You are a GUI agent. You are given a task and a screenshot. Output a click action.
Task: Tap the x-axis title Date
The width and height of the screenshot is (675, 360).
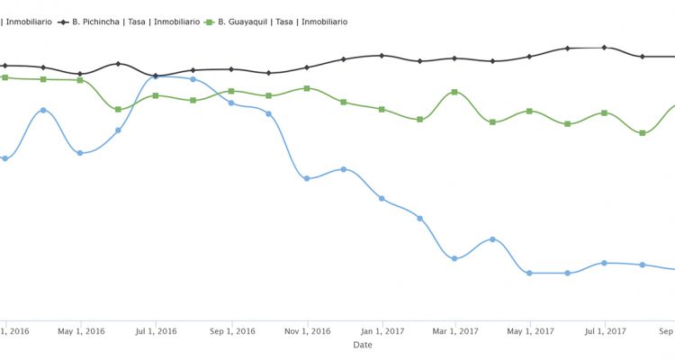click(363, 345)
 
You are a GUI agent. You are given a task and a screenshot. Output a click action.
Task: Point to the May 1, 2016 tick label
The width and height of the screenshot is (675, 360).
click(81, 331)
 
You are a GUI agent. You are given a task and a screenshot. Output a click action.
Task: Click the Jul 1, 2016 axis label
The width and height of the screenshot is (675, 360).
click(156, 331)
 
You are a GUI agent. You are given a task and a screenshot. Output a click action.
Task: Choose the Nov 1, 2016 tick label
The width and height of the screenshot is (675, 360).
click(307, 331)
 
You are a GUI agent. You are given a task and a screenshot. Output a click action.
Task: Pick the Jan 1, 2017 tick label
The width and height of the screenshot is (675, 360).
click(382, 331)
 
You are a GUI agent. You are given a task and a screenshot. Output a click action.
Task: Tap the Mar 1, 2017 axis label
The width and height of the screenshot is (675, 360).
click(454, 331)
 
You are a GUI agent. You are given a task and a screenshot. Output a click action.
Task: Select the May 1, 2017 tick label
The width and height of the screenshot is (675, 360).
click(529, 331)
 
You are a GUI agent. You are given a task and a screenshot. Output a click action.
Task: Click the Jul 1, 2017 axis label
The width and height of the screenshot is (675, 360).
click(604, 331)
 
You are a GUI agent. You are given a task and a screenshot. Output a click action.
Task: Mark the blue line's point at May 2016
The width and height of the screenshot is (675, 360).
click(80, 153)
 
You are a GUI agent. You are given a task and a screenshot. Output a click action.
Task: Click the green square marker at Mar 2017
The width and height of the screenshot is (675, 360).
click(454, 92)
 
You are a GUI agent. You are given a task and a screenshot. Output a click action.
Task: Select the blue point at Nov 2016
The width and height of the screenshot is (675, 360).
click(307, 178)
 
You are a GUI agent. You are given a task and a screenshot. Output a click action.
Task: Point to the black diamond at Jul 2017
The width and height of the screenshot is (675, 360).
click(604, 48)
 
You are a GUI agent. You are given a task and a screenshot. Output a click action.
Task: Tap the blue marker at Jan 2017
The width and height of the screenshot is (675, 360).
click(382, 198)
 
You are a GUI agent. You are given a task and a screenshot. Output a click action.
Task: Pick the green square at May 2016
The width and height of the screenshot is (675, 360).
click(80, 80)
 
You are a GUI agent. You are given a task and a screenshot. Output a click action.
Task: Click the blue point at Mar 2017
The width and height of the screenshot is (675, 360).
click(454, 258)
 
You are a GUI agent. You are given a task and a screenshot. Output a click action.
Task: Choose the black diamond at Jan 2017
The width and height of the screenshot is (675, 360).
click(382, 56)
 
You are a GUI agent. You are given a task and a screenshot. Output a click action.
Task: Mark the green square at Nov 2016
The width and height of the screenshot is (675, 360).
click(307, 88)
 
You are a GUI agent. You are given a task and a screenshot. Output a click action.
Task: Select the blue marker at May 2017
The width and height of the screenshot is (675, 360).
click(529, 273)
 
